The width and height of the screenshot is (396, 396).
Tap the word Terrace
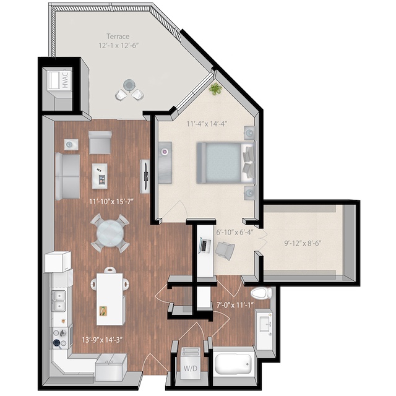coord(118,36)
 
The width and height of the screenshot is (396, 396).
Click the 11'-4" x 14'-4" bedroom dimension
coord(207,123)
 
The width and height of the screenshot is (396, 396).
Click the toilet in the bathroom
coord(261,293)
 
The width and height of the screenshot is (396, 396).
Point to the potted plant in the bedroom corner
coord(215,89)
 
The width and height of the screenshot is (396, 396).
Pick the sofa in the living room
coord(66,176)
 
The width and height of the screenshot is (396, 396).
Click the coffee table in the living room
coord(100,175)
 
